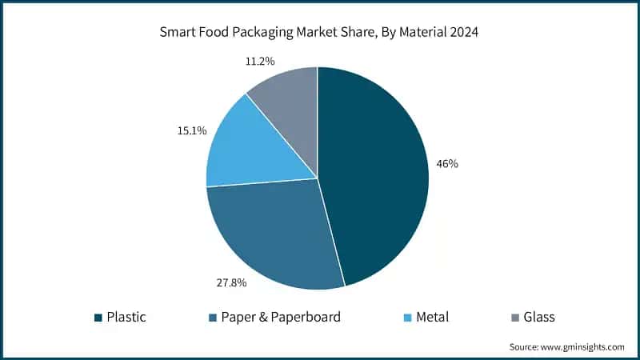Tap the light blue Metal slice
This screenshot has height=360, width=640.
coord(248,144)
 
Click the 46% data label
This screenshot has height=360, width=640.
coord(446,164)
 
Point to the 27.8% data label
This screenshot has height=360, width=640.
coord(231,282)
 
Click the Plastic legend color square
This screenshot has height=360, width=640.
coord(98,318)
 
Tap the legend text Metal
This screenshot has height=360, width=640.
coord(432,318)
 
